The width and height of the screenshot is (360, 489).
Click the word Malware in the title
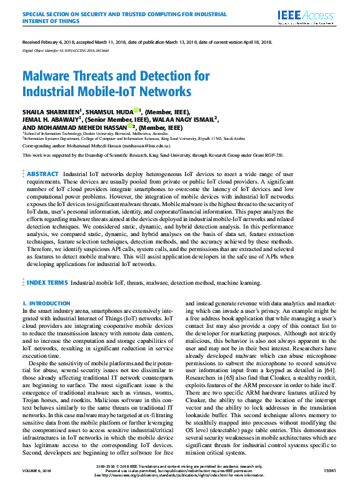coord(47,77)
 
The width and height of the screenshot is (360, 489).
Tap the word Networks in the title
coord(163,92)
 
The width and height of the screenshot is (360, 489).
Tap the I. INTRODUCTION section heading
coord(46,303)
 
